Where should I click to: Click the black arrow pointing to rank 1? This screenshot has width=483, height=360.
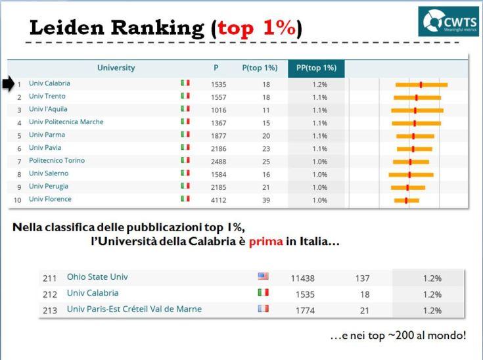pos(9,83)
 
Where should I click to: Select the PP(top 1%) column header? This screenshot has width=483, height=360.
pos(316,68)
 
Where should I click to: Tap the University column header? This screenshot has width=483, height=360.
pos(116,68)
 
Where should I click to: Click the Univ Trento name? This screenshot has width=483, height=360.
pos(47,96)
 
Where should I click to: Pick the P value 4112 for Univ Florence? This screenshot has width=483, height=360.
pos(218,200)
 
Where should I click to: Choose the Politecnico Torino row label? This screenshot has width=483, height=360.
pos(57,160)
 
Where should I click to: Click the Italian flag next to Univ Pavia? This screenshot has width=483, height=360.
pos(185,147)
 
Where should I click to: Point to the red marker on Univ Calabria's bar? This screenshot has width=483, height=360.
pos(421,85)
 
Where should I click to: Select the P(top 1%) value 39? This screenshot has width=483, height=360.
pos(266,200)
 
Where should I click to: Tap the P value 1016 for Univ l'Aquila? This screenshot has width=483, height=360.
pos(218,110)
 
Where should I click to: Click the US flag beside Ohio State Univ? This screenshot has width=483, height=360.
pos(263,276)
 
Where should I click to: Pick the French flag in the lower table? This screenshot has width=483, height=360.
pos(263,308)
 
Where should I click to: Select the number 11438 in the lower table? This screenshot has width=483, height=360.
pos(302,279)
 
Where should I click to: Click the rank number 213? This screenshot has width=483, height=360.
pos(50,311)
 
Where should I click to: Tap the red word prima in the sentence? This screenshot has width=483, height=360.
pos(266,241)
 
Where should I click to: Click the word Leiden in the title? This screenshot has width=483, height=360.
pos(67,28)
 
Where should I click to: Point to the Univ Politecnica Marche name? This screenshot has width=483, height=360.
pos(66,122)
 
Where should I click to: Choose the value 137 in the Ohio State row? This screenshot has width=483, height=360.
pos(362,279)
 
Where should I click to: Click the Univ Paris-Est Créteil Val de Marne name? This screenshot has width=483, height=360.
pos(134,309)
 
